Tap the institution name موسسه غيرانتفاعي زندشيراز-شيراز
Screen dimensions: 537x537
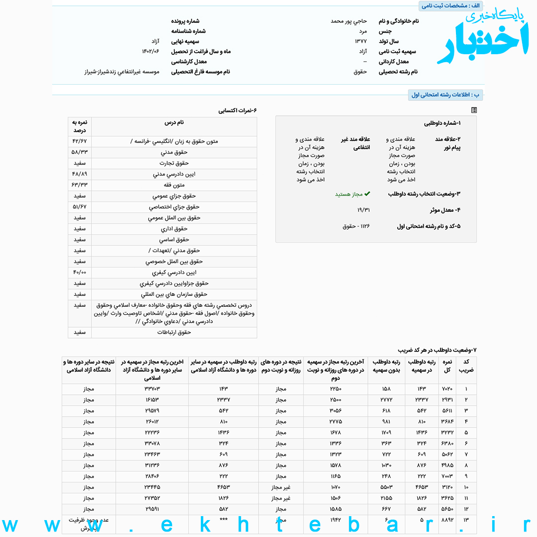tap(122, 72)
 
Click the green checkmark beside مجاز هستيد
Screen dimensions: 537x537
tap(367, 194)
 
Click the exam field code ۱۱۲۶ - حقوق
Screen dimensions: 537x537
tap(357, 226)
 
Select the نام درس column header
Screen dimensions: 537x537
tap(174, 122)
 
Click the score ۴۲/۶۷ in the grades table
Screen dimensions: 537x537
tap(80, 141)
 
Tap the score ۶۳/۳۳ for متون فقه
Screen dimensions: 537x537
tap(80, 185)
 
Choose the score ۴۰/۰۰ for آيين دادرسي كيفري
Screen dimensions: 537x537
tap(80, 272)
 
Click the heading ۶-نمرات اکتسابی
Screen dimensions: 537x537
tap(237, 110)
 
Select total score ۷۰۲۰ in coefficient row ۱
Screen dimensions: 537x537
tap(447, 389)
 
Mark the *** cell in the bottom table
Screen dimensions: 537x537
tap(223, 520)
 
